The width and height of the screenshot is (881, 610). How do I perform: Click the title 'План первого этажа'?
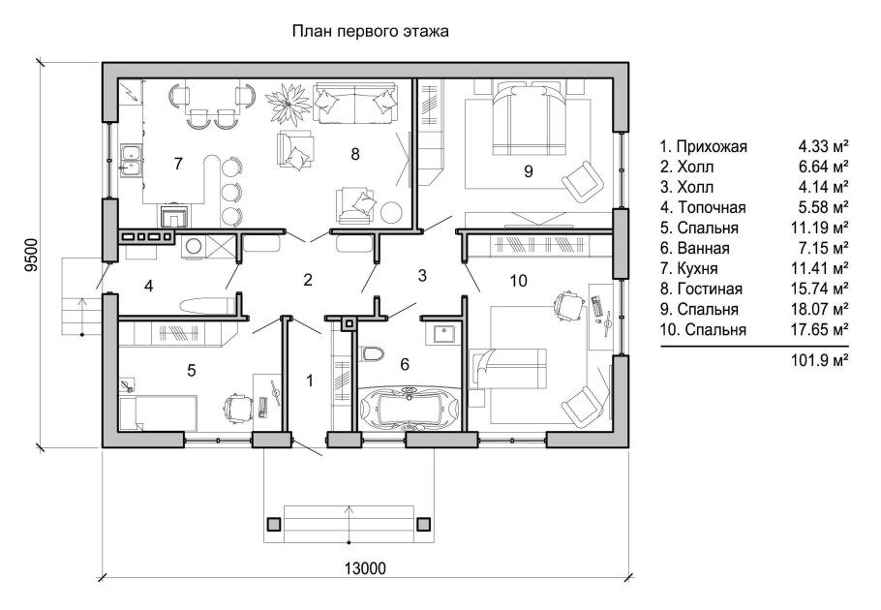coord(371,32)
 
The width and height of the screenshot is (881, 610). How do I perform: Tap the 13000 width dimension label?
coord(365,568)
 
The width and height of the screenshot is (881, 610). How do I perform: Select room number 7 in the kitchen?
coord(178,164)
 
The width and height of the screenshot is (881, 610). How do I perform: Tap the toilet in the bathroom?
coord(372,356)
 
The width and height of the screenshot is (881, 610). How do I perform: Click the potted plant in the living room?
coord(287,101)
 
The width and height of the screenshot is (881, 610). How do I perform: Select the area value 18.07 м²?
coord(823,310)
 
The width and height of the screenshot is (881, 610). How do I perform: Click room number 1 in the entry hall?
coord(310,381)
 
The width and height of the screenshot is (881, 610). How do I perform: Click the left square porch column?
coord(274,524)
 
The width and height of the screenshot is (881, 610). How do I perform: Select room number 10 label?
coord(519,281)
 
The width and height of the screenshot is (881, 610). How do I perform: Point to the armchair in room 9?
coord(585,180)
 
